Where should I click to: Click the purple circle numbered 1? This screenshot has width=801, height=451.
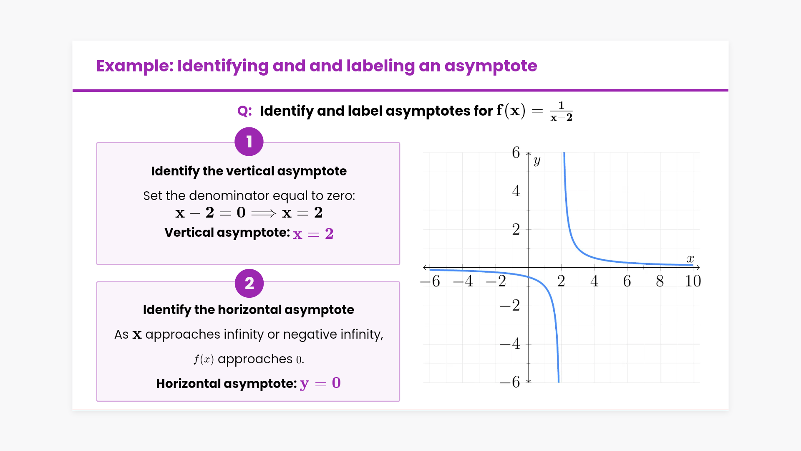pos(249,142)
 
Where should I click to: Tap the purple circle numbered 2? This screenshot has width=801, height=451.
pos(249,283)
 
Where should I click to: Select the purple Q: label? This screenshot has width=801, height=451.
pos(244,111)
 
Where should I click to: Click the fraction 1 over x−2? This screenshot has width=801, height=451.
pos(561,111)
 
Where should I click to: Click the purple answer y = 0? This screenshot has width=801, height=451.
pos(320,383)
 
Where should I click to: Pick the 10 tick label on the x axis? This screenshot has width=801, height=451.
pos(693,281)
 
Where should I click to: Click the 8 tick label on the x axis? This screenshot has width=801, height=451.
pos(660,281)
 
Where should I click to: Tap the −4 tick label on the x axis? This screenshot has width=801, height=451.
pos(463,281)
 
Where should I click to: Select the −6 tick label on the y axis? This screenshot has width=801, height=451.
pos(510,382)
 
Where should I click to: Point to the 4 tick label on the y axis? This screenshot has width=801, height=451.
pos(516,191)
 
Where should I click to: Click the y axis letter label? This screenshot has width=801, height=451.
pos(537,160)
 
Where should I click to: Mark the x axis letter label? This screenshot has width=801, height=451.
pos(690,259)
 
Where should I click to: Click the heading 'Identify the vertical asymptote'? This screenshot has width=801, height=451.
pos(249,171)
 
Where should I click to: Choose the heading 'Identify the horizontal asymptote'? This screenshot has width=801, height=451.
pos(249,310)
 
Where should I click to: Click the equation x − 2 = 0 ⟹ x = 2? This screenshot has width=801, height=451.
pos(249,213)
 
